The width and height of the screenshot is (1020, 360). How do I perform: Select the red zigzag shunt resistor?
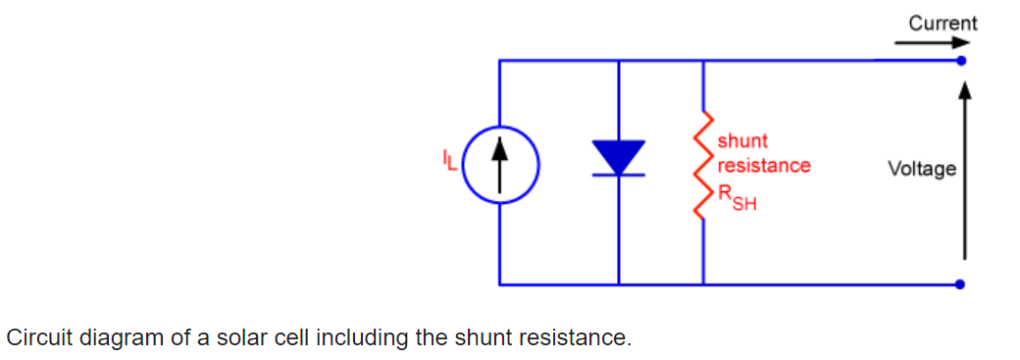702,166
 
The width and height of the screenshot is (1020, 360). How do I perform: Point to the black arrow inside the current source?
499,166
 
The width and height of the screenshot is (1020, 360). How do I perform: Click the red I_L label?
449,160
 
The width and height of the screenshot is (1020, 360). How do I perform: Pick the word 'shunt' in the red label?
742,140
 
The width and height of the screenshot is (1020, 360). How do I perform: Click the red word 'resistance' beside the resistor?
764,166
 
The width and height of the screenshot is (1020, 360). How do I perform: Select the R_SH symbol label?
737,197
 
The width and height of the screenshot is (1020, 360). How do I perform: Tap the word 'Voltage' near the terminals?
923,170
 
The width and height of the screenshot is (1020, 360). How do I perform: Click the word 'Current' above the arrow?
943,24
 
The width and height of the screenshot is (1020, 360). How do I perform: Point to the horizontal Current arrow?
933,43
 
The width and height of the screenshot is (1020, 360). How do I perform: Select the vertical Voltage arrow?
965,171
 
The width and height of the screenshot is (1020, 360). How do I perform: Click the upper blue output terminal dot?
961,61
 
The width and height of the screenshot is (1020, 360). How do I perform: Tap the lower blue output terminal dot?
961,283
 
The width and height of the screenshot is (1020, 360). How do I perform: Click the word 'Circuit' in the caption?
39,337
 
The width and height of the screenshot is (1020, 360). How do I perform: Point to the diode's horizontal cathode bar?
618,176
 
